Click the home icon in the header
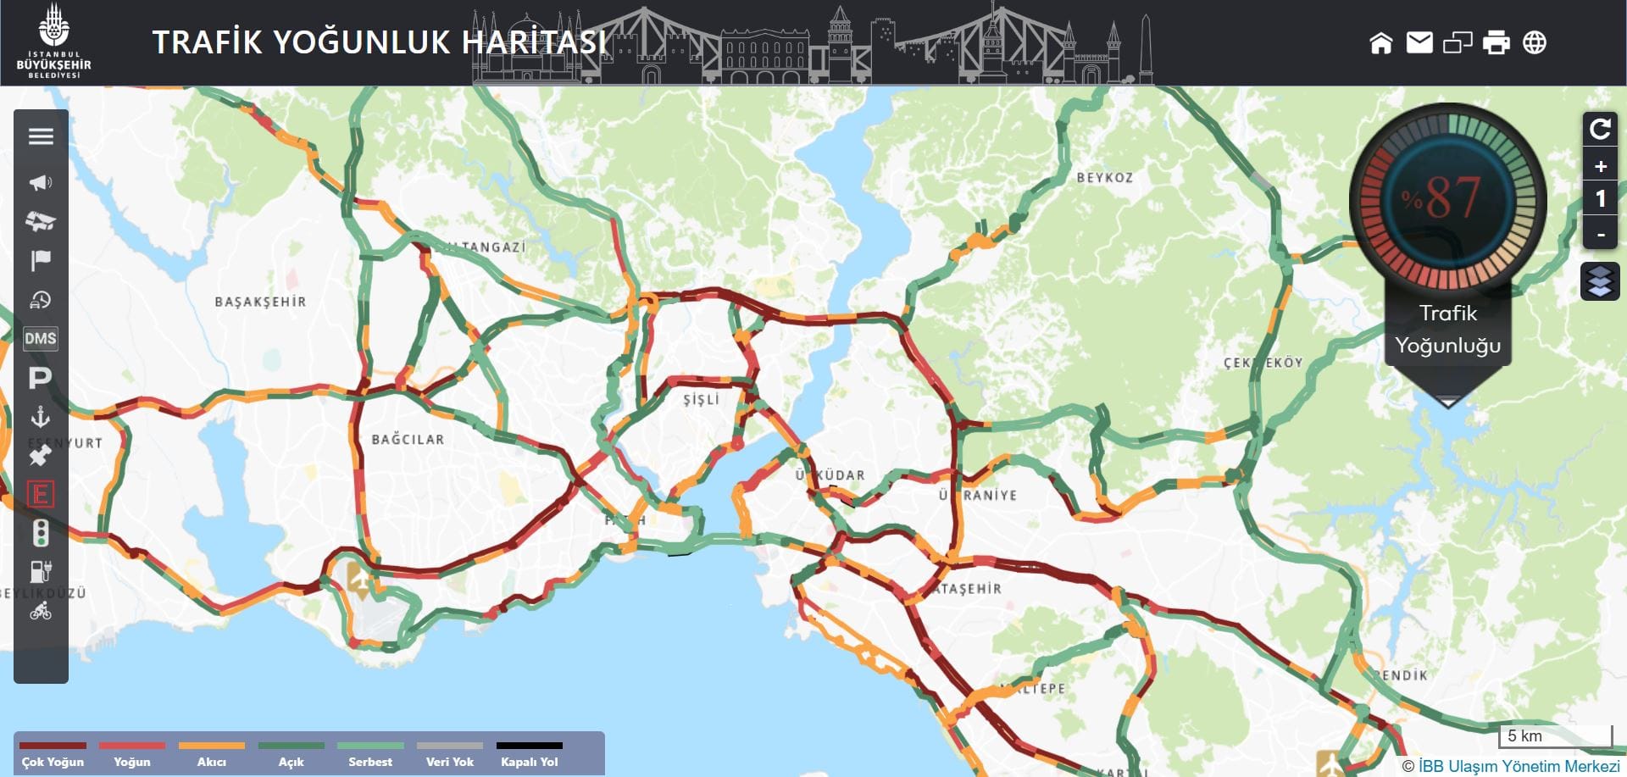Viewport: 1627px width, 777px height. pos(1380,42)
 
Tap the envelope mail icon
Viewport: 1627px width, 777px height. pos(1419,42)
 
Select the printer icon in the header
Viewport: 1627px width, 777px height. pos(1496,42)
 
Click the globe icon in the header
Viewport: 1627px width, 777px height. pos(1535,42)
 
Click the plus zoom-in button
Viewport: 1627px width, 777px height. pos(1600,166)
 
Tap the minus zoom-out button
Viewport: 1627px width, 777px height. pos(1600,234)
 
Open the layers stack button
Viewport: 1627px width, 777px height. pos(1600,281)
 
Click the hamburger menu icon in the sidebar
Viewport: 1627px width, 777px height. pos(41,136)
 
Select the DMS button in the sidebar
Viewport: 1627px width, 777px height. pos(41,339)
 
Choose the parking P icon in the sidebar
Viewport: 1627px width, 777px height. pos(41,378)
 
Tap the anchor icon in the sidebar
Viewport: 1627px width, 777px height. pos(41,417)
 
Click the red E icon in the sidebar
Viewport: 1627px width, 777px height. pos(41,494)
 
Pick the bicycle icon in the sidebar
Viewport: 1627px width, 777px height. pos(41,611)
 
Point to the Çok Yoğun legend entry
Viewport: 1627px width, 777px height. pos(53,754)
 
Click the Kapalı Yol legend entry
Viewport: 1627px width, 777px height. pos(530,754)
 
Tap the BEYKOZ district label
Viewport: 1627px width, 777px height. pos(1104,178)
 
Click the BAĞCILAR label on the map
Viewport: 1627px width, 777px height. pos(408,440)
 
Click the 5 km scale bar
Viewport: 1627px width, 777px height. pos(1556,736)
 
